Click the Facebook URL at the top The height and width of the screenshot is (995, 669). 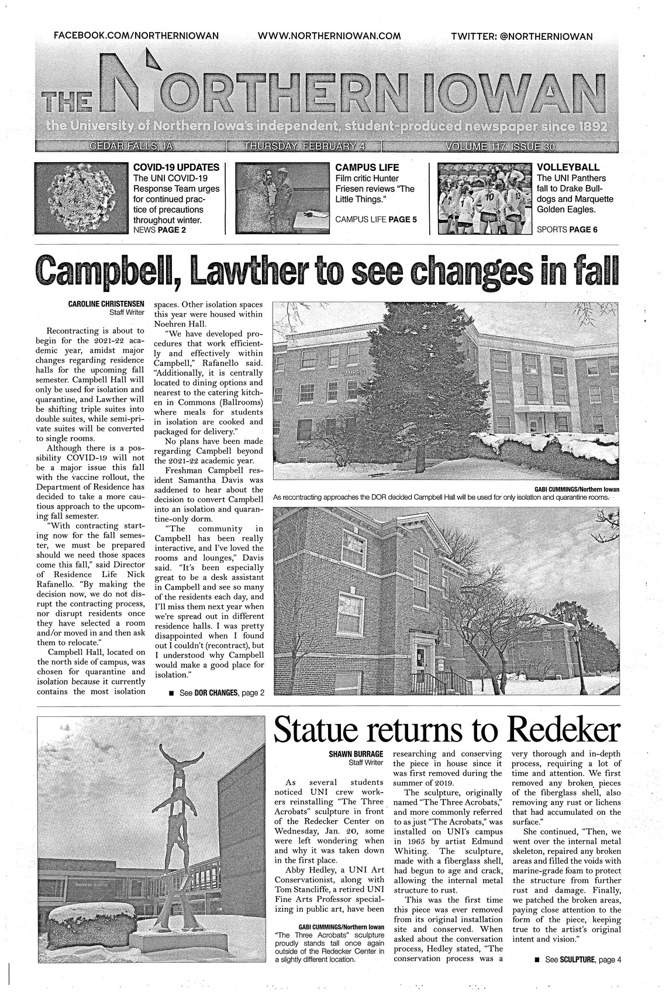coord(136,36)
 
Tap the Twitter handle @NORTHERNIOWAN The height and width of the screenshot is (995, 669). coord(522,36)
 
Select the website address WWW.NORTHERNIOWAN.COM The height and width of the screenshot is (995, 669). coord(329,36)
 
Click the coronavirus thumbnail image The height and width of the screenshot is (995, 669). coord(80,198)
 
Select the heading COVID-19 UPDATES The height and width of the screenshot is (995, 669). coord(177,167)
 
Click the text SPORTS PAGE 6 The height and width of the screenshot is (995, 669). coord(567,229)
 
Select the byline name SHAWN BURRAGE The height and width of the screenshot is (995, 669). coord(358,754)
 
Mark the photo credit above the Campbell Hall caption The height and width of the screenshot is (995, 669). coord(577,489)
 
